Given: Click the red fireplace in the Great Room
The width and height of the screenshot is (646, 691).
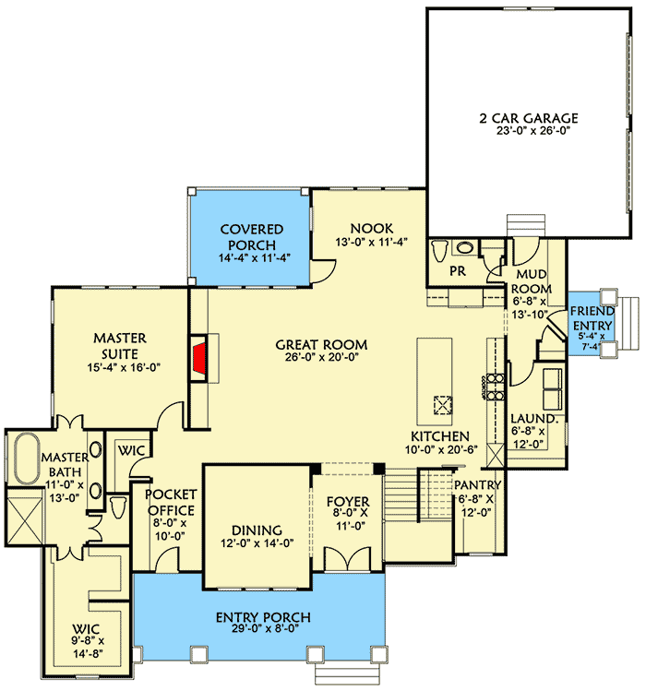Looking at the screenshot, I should [x=199, y=360].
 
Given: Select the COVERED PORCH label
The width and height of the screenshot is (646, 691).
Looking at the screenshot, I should [x=249, y=236].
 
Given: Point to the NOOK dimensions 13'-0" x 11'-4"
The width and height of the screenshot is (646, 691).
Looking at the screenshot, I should [x=372, y=243].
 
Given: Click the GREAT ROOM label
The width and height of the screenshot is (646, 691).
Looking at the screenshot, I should [x=317, y=345].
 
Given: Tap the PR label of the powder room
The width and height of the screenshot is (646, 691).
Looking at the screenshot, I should [x=456, y=273].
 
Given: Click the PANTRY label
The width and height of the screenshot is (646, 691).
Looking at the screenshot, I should [x=477, y=485].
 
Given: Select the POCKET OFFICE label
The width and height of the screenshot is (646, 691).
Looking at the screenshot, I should [x=171, y=503].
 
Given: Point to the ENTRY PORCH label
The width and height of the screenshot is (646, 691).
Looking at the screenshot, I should [x=263, y=617].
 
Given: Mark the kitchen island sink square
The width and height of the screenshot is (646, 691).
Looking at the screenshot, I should [x=442, y=403].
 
